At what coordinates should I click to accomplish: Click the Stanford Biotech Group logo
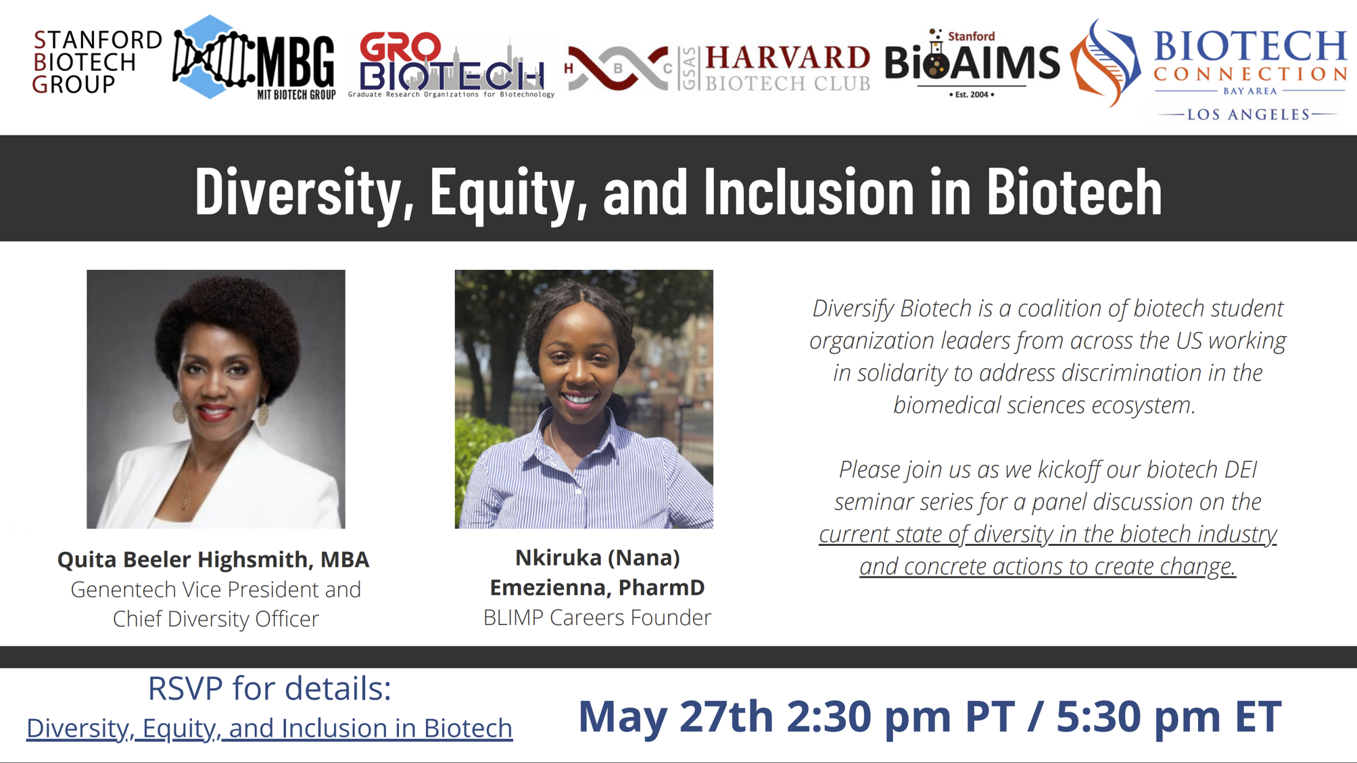97,62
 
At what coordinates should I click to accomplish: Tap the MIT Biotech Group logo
254,58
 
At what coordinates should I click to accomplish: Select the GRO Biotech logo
451,65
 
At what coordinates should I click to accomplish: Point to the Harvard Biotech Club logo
717,68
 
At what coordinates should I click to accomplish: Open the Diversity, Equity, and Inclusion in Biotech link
269,728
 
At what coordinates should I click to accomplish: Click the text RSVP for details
269,688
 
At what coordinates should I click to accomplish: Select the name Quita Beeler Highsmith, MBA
213,559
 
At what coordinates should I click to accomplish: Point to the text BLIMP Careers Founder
597,617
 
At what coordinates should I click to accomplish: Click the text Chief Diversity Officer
216,618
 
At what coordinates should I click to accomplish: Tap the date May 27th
675,716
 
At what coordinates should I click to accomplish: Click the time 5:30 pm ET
1168,716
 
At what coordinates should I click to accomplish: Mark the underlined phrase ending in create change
1047,550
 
